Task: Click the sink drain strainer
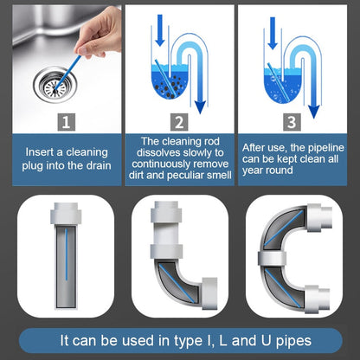50,85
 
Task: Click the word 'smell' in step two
216,177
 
